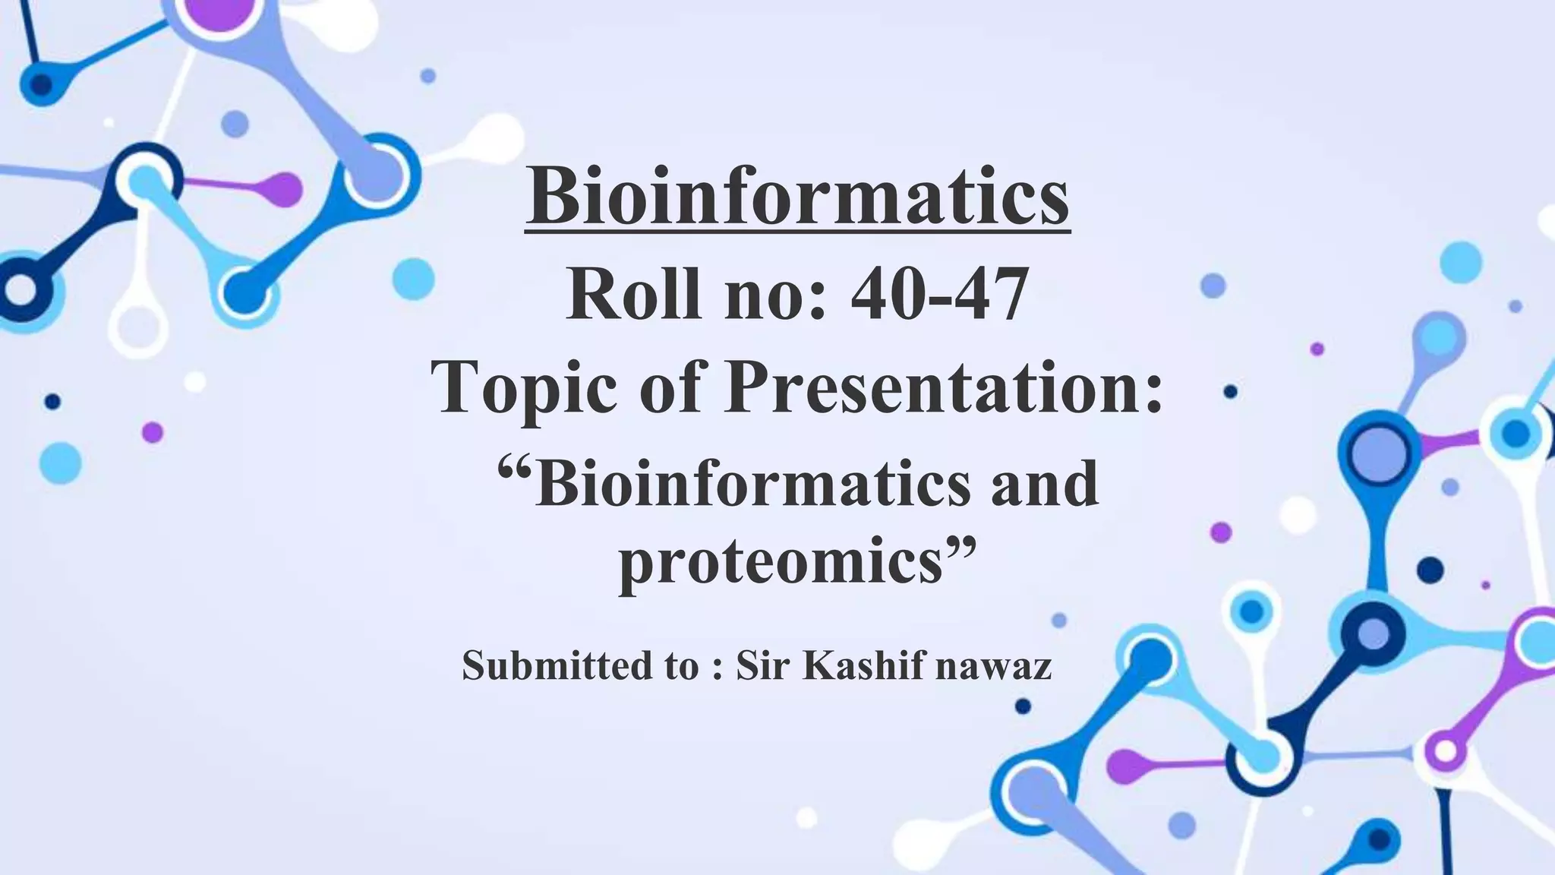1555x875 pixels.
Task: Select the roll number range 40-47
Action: (939, 295)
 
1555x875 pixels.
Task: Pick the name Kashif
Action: (864, 665)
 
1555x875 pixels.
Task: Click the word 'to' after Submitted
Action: (682, 665)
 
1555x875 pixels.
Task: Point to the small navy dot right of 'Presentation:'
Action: (1231, 392)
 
